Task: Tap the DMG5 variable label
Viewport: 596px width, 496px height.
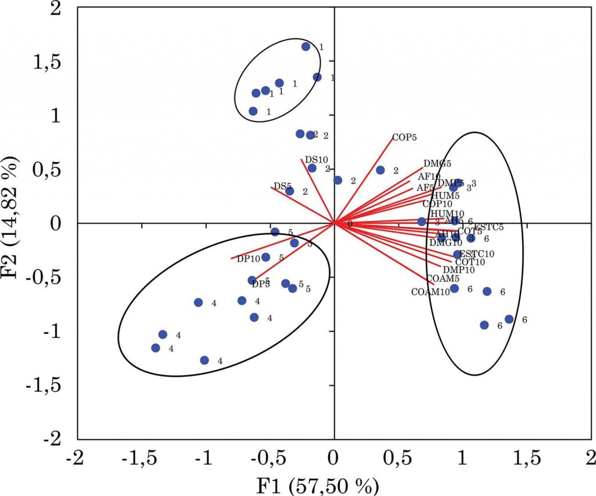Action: coord(437,164)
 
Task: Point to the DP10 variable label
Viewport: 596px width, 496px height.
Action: coord(248,259)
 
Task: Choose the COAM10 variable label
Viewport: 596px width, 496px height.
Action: coord(430,291)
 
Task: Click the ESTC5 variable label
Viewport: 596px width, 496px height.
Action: coord(488,227)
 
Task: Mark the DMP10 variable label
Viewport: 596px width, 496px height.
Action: coord(458,270)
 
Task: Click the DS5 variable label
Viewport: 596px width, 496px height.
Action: coord(282,187)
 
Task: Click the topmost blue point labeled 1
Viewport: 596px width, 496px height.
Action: coord(306,47)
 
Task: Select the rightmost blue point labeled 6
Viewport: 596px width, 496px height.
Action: coord(509,319)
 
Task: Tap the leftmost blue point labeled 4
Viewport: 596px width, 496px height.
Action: coord(155,348)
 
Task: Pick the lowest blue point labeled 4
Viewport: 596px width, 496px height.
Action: coord(204,360)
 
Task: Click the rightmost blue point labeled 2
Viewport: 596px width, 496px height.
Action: coord(380,170)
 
